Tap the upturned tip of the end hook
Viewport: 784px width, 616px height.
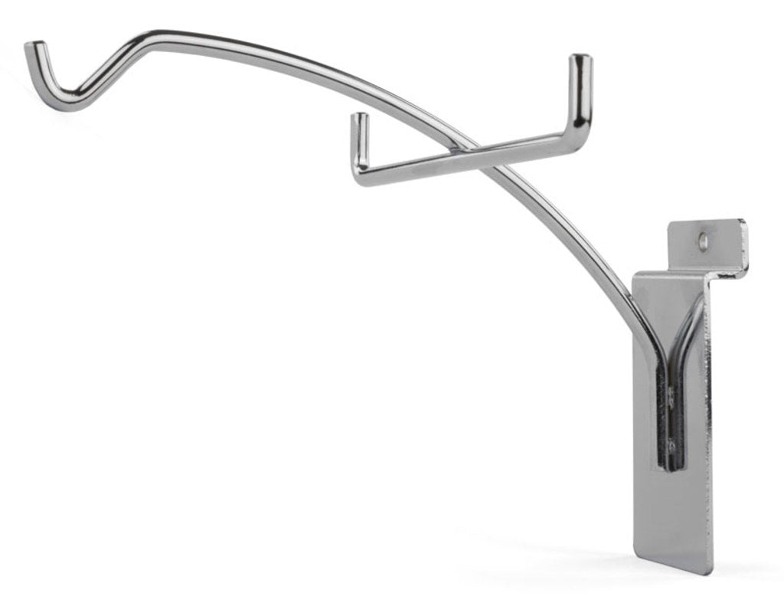tap(31, 48)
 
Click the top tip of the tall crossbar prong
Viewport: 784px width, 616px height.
tap(581, 59)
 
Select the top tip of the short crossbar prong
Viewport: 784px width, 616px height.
tap(359, 117)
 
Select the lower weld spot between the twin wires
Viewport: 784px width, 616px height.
tap(671, 444)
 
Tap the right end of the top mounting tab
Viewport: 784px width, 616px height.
tap(745, 245)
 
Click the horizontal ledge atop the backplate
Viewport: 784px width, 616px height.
tap(689, 274)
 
